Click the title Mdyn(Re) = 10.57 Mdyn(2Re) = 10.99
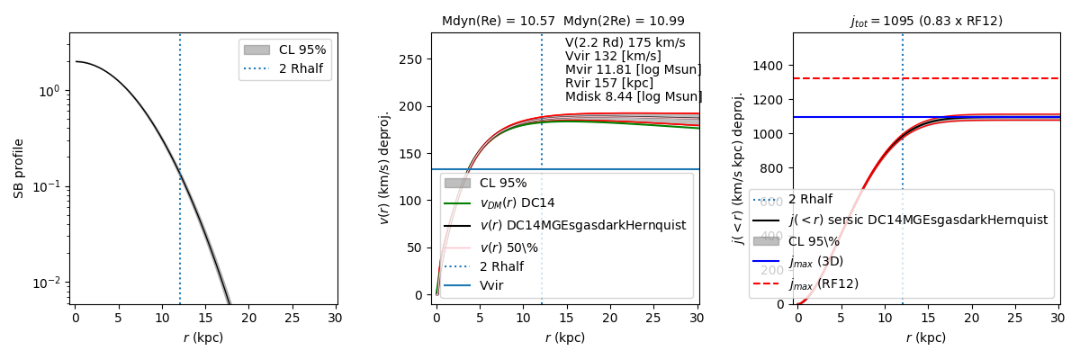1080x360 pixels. [x=562, y=21]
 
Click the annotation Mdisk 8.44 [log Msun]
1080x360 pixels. [x=634, y=96]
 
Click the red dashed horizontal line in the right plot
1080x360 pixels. [x=990, y=78]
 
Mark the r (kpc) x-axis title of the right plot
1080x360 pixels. [x=926, y=337]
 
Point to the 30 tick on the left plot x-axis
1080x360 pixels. [x=334, y=318]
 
